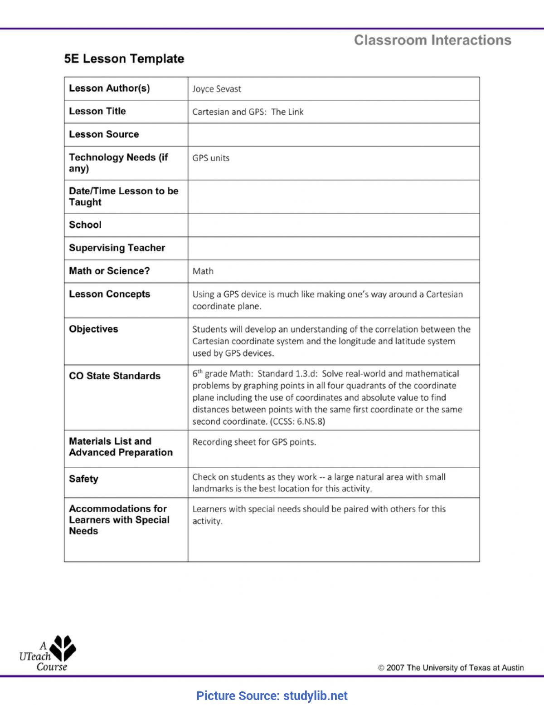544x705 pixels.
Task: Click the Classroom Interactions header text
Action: click(x=432, y=40)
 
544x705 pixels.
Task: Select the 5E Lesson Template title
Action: click(x=124, y=59)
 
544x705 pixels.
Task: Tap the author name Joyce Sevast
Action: click(x=217, y=89)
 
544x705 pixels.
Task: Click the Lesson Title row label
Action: click(x=97, y=111)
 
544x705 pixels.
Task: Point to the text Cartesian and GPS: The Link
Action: click(x=248, y=112)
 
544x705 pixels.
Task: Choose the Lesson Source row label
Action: click(x=104, y=134)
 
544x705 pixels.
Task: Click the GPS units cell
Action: click(x=211, y=158)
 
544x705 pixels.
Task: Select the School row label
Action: click(x=85, y=225)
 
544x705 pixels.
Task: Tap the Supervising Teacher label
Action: click(x=117, y=248)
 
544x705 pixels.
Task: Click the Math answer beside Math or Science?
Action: click(x=203, y=271)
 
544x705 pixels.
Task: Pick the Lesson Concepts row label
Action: click(x=109, y=294)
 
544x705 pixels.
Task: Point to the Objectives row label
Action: click(x=93, y=329)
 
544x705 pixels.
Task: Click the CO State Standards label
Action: click(x=115, y=376)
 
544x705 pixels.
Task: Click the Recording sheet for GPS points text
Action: click(x=254, y=442)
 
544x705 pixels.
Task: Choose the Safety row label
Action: click(x=83, y=479)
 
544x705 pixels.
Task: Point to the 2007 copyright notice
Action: click(x=451, y=668)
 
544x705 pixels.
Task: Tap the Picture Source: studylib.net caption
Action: click(x=272, y=696)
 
